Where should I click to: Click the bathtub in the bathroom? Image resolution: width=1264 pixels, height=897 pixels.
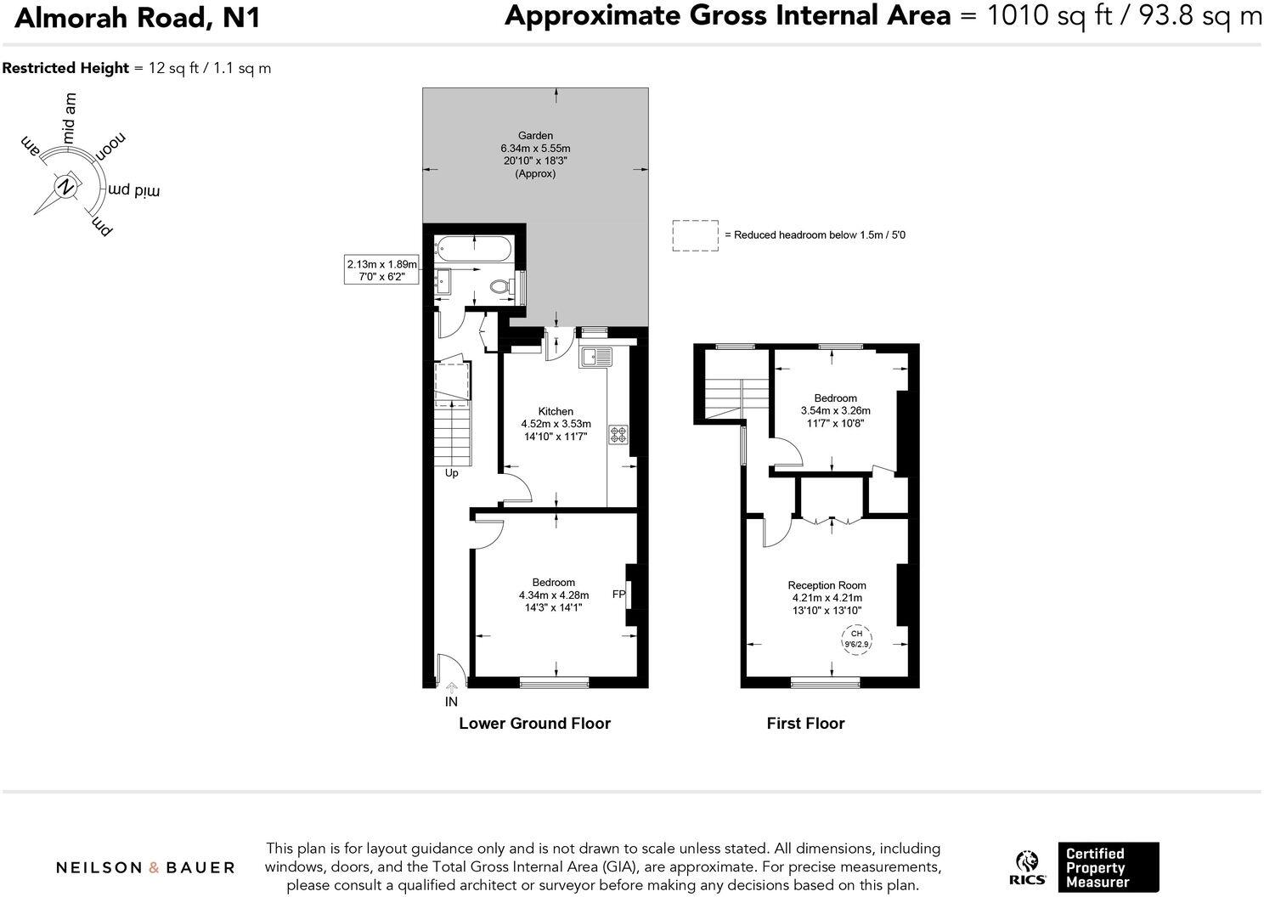(x=473, y=249)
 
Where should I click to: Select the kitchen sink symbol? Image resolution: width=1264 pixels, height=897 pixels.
(x=595, y=356)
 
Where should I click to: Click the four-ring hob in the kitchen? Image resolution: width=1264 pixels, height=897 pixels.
(x=618, y=435)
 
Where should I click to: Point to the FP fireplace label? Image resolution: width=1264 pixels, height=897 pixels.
(x=618, y=595)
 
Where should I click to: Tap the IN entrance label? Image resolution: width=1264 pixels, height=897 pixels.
(x=451, y=702)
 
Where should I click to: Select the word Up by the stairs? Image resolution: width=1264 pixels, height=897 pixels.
(x=451, y=473)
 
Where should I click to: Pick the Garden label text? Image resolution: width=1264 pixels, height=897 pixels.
(x=535, y=135)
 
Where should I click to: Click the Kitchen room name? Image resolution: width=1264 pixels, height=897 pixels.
(x=556, y=411)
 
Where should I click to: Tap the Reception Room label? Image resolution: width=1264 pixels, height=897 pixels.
(x=827, y=585)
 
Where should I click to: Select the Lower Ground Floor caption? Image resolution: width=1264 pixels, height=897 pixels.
(x=534, y=724)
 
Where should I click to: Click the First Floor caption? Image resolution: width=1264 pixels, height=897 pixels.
(x=805, y=724)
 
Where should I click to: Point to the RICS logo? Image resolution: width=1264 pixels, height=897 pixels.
(x=1027, y=867)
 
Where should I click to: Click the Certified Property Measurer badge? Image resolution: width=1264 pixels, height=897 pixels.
(x=1108, y=867)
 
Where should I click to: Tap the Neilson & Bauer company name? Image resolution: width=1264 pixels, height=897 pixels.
(x=145, y=867)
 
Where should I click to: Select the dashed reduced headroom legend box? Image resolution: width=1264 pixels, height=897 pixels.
(x=695, y=235)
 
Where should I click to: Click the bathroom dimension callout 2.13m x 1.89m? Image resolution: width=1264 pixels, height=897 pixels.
(x=381, y=270)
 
